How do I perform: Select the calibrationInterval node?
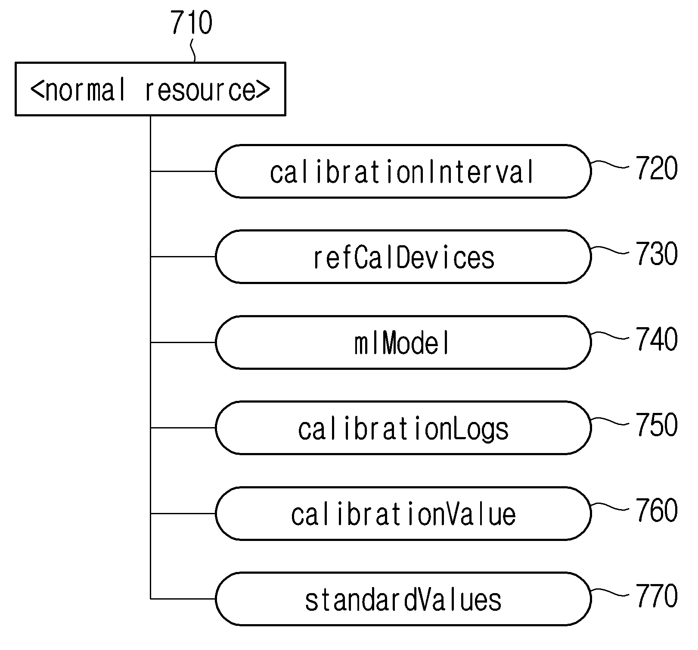click(x=403, y=171)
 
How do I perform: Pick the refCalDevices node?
click(x=403, y=256)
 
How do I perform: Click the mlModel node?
click(x=403, y=342)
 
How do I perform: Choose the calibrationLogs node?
click(x=403, y=428)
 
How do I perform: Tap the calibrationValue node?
click(x=403, y=513)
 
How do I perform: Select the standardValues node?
click(x=403, y=599)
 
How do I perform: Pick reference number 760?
click(x=657, y=510)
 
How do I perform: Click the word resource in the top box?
click(x=201, y=91)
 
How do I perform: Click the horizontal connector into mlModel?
click(x=183, y=342)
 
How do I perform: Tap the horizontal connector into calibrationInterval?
click(x=183, y=171)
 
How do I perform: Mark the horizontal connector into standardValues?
click(x=183, y=599)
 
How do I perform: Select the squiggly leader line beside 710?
click(x=193, y=51)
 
